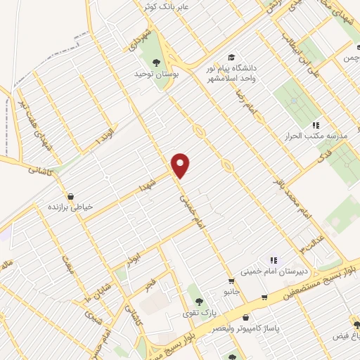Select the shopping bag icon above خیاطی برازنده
point(70,195)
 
